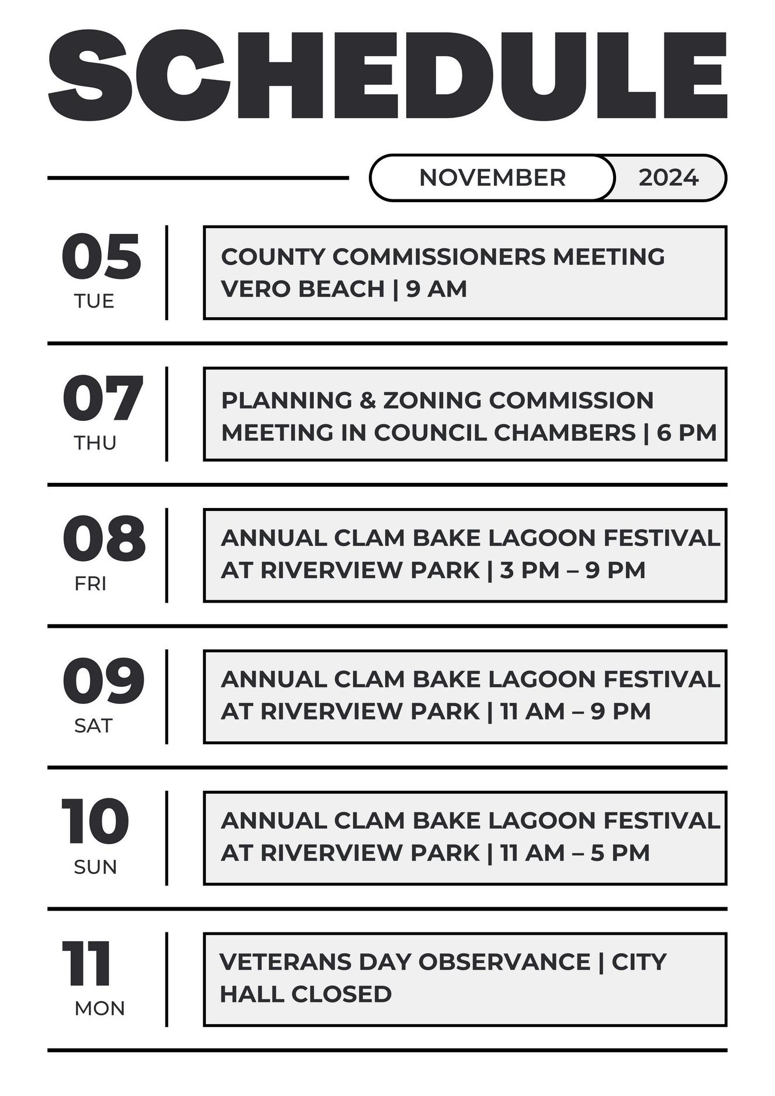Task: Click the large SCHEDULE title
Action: point(387,76)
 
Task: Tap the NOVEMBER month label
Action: point(492,178)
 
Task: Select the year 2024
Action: point(668,178)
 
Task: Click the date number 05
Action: point(101,257)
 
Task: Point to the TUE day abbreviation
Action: point(94,301)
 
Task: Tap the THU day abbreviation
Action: point(95,443)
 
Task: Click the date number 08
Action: point(103,539)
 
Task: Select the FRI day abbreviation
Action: point(90,583)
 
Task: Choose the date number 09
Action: point(103,681)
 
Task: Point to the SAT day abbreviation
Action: point(93,725)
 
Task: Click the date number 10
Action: point(95,821)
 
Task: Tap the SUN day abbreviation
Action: point(95,866)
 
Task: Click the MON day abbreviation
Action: point(99,1008)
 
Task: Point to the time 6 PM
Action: point(686,433)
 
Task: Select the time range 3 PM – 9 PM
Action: point(572,570)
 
